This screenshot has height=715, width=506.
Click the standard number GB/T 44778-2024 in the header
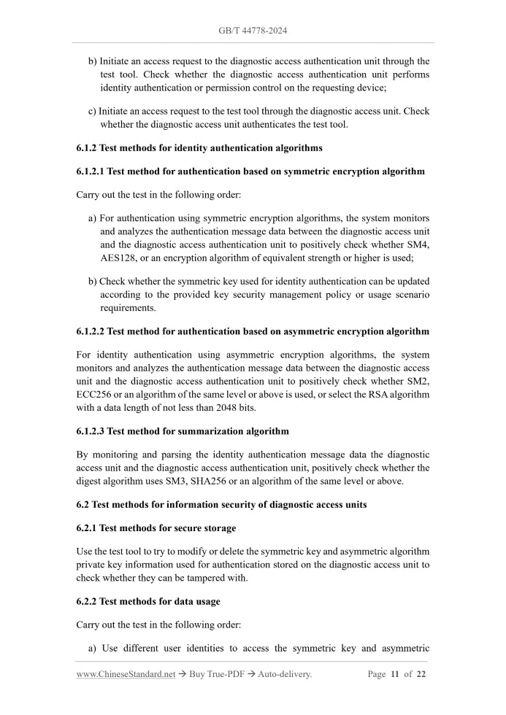(253, 31)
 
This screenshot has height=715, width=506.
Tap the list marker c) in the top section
(92, 111)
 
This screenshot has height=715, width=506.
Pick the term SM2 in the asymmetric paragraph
(419, 381)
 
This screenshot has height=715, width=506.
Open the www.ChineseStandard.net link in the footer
(126, 674)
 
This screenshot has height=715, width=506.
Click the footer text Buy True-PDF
(219, 674)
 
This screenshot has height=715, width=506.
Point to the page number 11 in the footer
(394, 674)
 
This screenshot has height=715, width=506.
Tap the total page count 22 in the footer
(421, 674)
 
